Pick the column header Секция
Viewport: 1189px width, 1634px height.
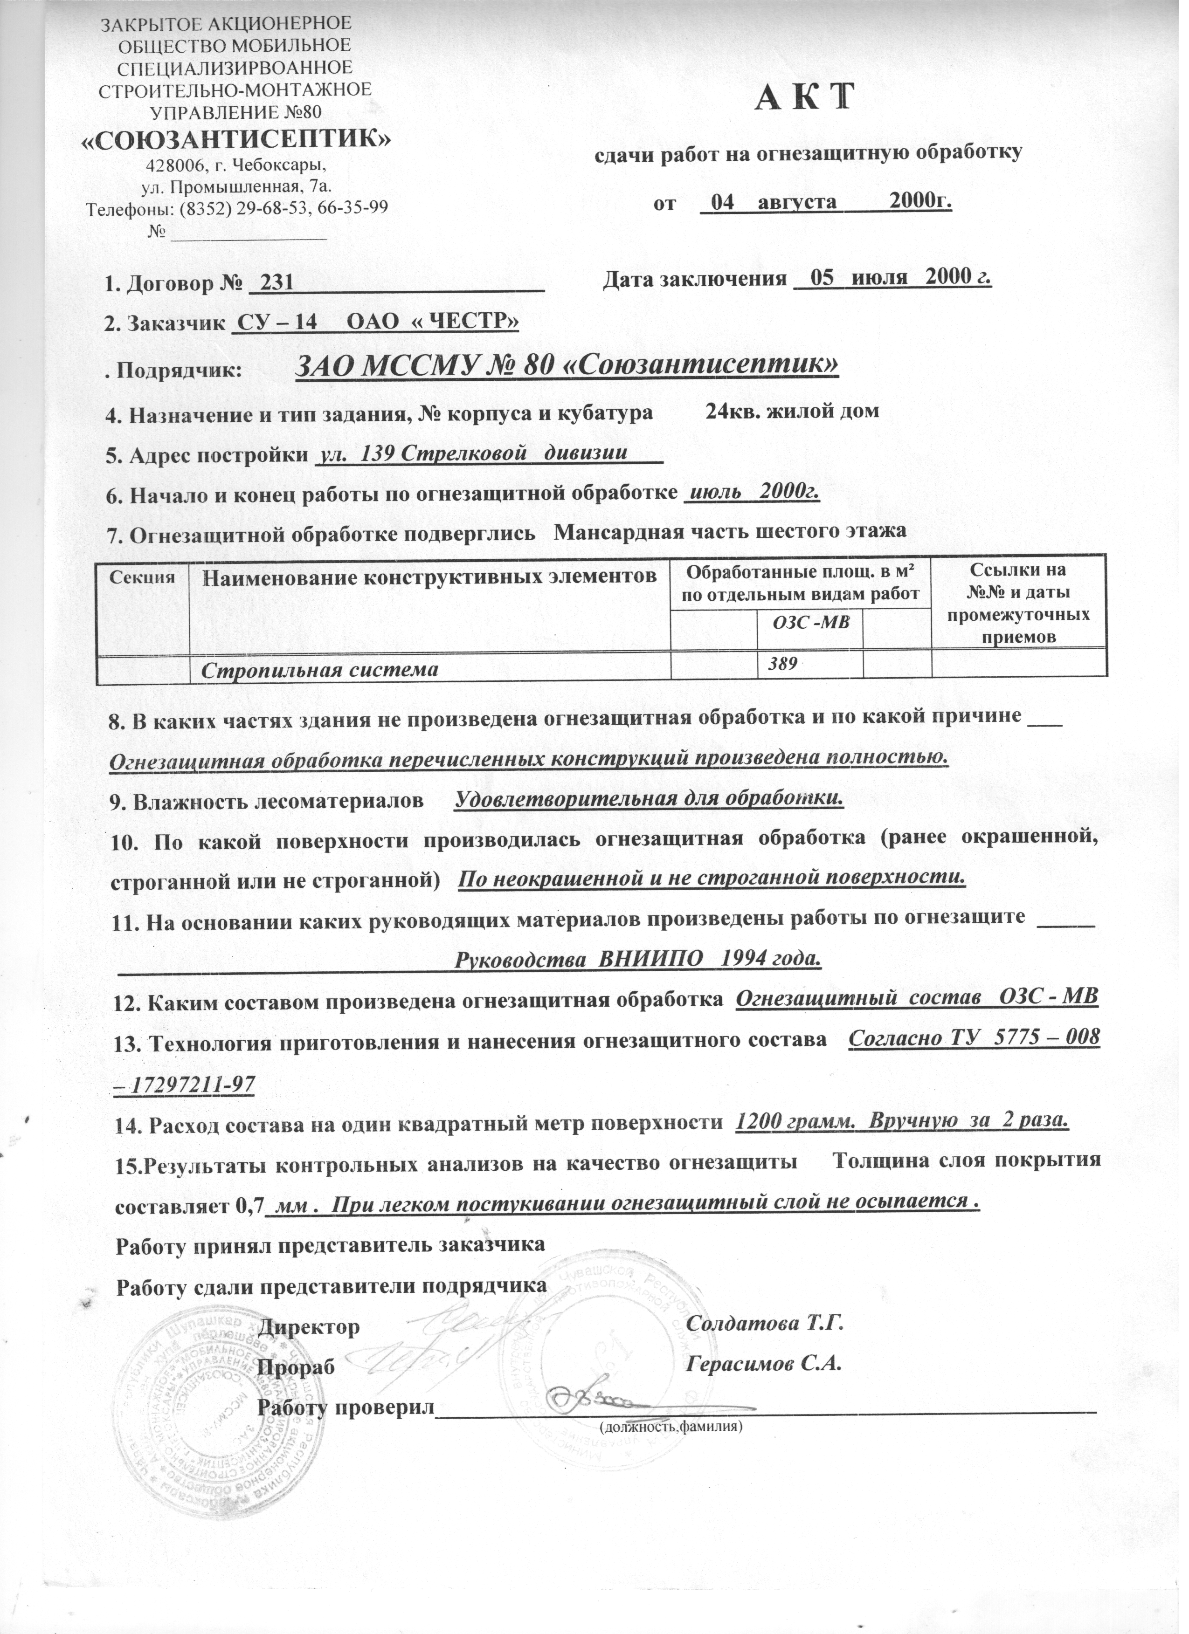(x=143, y=577)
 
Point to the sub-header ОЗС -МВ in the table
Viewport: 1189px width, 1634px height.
(x=810, y=622)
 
